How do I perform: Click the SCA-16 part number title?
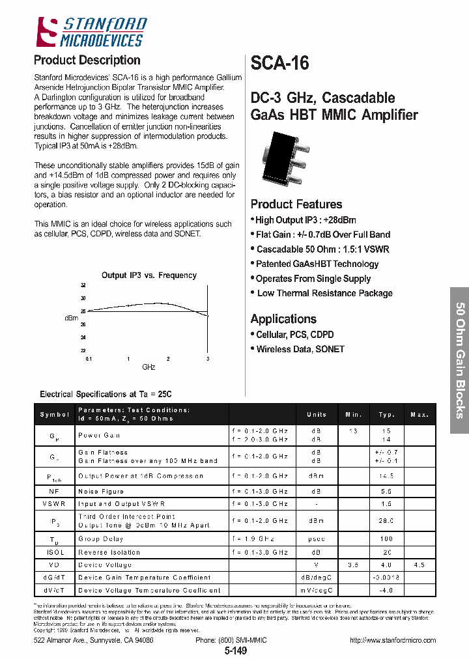point(279,63)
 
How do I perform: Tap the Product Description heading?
point(87,60)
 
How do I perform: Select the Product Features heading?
point(296,204)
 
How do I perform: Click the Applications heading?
point(283,318)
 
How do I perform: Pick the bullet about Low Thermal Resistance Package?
point(324,293)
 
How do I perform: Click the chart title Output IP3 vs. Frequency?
point(149,275)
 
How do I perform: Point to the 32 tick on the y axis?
point(83,285)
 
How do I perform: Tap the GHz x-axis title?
point(149,367)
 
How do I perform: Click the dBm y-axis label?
point(71,318)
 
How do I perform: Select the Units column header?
point(316,414)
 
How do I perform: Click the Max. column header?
point(419,414)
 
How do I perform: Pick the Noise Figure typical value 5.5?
point(387,491)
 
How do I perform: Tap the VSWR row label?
point(55,503)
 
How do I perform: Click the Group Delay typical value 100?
point(387,539)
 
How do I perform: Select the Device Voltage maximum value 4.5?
point(419,565)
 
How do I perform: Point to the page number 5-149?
point(236,651)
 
